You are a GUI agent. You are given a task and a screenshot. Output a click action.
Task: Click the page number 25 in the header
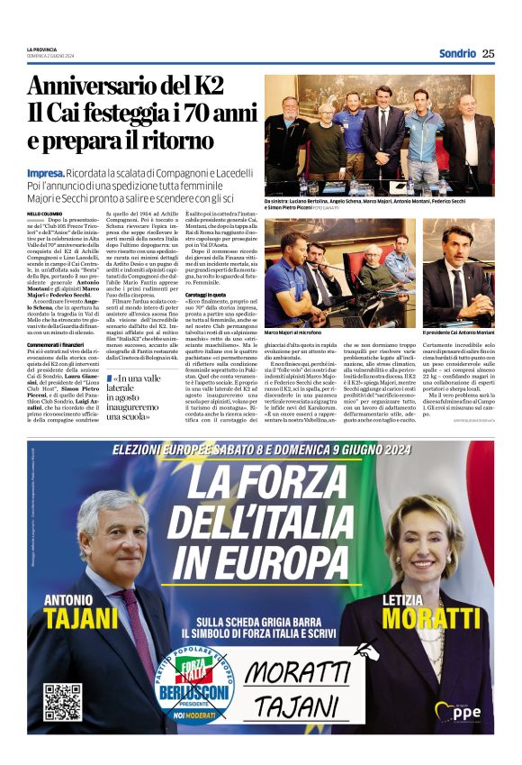488,53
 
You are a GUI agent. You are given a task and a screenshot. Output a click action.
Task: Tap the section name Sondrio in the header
457,53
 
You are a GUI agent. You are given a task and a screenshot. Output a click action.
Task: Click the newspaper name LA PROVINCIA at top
42,50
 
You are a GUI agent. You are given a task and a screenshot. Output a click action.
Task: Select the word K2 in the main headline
202,86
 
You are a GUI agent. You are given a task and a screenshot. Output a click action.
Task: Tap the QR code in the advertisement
62,702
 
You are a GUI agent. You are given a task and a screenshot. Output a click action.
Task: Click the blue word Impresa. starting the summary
44,173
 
